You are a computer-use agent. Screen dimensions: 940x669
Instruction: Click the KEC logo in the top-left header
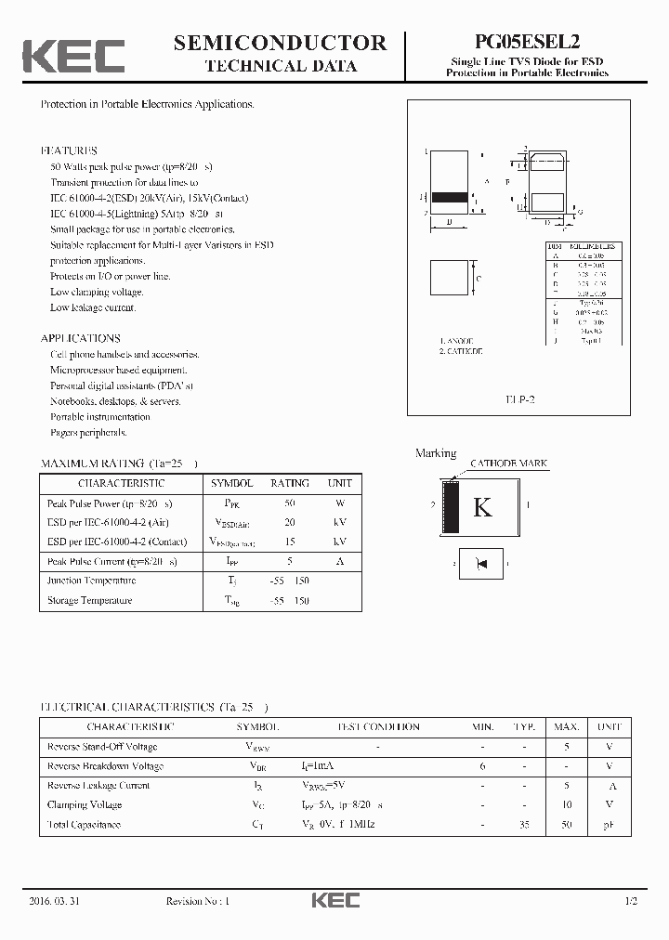(73, 56)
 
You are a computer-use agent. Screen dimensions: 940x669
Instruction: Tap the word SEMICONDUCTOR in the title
(280, 43)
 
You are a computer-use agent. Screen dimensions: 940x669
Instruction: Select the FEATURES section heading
(69, 150)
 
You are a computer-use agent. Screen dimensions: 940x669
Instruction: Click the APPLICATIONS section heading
(80, 339)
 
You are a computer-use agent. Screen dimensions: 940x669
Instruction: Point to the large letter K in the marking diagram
(482, 507)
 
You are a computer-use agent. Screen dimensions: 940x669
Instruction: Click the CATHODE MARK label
(508, 463)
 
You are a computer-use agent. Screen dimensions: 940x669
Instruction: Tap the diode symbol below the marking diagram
(481, 562)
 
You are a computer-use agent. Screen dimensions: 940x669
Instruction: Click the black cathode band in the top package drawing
(449, 197)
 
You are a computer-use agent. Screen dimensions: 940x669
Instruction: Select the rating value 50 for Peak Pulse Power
(290, 503)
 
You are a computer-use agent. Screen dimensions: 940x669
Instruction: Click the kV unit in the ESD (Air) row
(339, 523)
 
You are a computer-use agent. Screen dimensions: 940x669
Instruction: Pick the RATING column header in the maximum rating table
(290, 483)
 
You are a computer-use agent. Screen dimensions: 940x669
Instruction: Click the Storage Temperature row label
(90, 600)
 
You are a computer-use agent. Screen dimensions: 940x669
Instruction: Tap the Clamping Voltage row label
(85, 805)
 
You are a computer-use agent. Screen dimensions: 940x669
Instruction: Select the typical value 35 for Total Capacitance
(524, 825)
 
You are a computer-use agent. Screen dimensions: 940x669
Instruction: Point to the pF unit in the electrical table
(609, 825)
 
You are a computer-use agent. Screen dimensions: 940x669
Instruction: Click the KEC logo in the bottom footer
(334, 901)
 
